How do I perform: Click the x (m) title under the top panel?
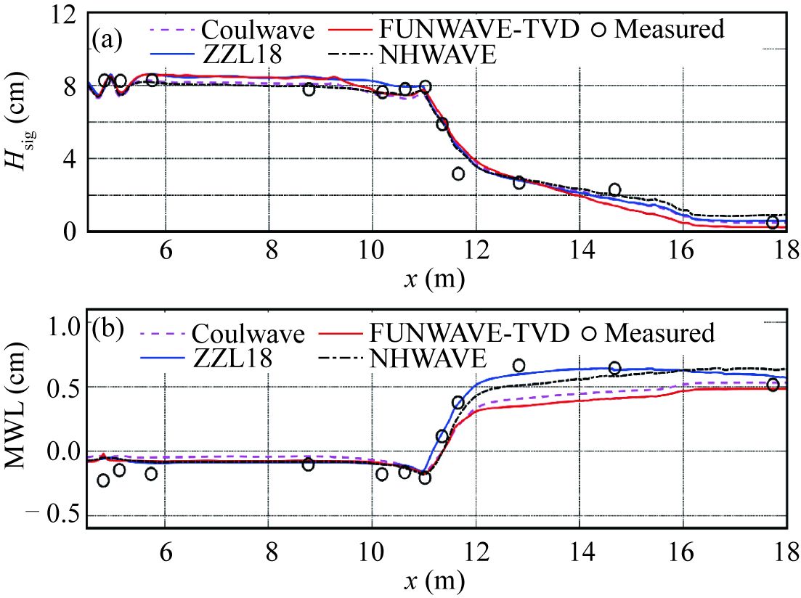pos(434,277)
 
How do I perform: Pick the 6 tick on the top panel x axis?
pos(166,248)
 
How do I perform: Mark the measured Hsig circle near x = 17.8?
pos(773,223)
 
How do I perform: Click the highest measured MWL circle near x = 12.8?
pos(519,365)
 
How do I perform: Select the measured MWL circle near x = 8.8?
pos(308,464)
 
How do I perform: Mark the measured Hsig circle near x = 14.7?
pos(614,190)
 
